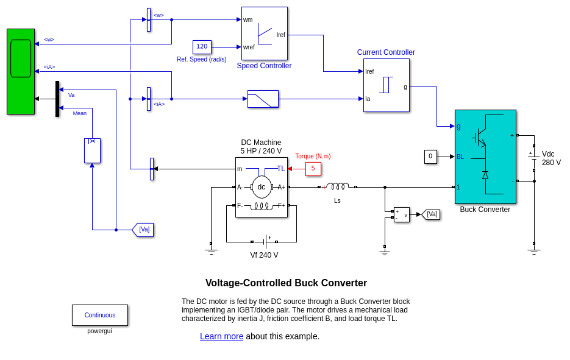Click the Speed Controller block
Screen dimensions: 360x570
click(x=264, y=34)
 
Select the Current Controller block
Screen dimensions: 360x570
click(x=386, y=85)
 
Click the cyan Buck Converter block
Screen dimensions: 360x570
click(x=485, y=157)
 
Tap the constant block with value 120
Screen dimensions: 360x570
click(x=202, y=47)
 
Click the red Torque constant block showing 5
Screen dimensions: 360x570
click(x=313, y=169)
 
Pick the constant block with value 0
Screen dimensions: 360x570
click(x=430, y=157)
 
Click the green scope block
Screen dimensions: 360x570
click(x=21, y=71)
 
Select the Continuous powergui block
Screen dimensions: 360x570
click(x=100, y=315)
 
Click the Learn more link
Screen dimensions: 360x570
click(x=221, y=336)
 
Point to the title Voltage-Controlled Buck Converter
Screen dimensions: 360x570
click(x=286, y=283)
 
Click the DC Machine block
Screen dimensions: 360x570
click(x=261, y=187)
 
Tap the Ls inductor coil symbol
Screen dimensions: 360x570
click(x=337, y=186)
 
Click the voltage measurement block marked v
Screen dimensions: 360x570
click(x=402, y=214)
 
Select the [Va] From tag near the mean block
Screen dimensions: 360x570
click(x=143, y=230)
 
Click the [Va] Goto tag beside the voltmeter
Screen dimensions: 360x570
click(x=431, y=214)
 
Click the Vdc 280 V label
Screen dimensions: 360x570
click(x=551, y=158)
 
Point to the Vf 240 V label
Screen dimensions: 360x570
click(x=264, y=255)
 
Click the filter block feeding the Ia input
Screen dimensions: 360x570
click(x=263, y=99)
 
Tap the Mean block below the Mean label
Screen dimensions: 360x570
click(x=92, y=150)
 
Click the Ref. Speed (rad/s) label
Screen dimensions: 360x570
click(x=201, y=59)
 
